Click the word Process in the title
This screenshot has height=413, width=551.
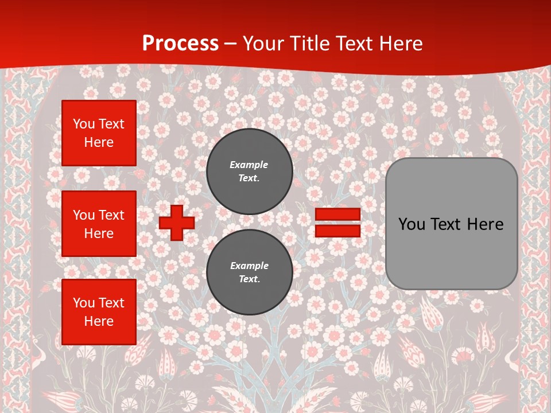click(180, 44)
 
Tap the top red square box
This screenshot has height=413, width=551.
click(99, 133)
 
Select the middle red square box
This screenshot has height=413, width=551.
click(99, 224)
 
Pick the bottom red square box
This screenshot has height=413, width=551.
click(99, 312)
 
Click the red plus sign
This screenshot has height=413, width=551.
click(177, 223)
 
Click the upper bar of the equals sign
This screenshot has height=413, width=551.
click(337, 214)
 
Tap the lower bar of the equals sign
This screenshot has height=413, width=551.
click(337, 231)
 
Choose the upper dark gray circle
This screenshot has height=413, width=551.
click(250, 172)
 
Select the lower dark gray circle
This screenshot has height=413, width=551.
click(250, 272)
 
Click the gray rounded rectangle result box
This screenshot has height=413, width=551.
click(451, 224)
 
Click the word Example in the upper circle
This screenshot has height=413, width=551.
click(249, 165)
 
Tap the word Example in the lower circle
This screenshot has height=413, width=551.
click(249, 266)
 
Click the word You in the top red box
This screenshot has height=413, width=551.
click(84, 124)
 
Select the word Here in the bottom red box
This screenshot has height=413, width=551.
click(99, 322)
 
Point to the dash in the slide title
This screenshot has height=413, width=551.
click(231, 44)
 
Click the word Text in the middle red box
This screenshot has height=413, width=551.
click(111, 216)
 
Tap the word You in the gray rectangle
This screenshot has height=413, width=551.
click(411, 224)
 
